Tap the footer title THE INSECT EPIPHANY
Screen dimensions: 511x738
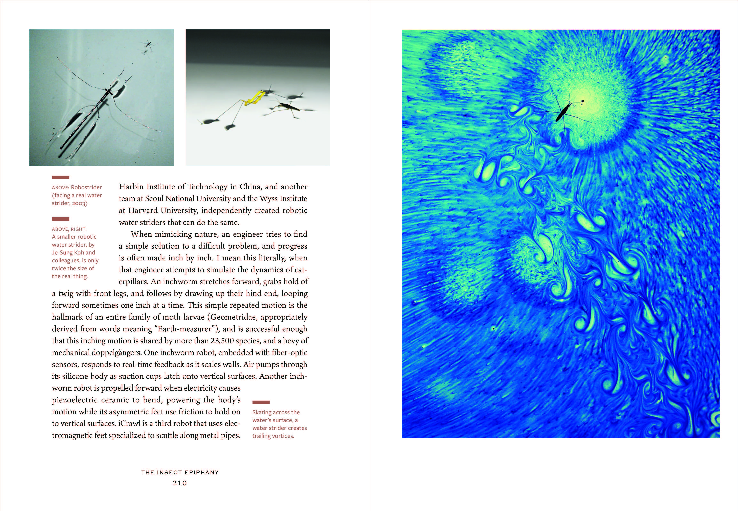pyautogui.click(x=180, y=472)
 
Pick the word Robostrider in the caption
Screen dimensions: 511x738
pyautogui.click(x=86, y=187)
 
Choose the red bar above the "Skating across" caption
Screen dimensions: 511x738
pyautogui.click(x=261, y=402)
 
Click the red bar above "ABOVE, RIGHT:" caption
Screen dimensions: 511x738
pyautogui.click(x=60, y=219)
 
